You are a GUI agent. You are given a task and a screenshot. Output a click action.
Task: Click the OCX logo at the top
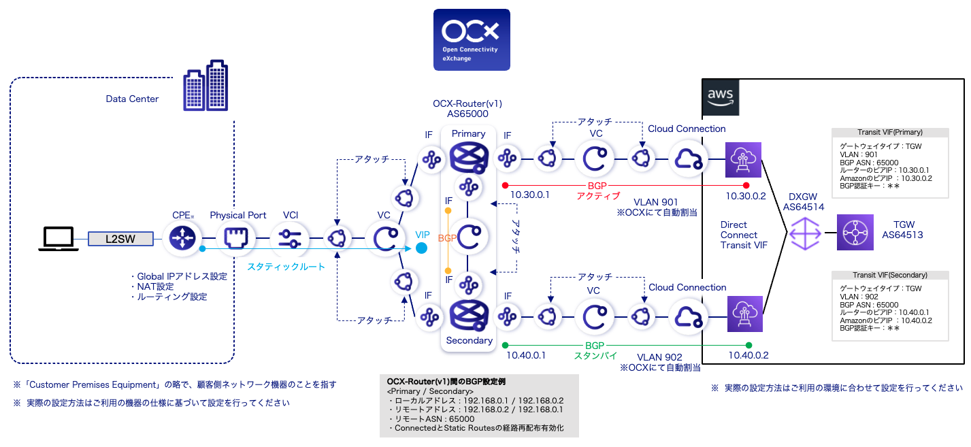(x=472, y=39)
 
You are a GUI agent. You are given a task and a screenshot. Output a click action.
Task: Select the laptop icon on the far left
(x=57, y=238)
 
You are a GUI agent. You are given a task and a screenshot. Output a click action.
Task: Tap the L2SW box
(x=120, y=238)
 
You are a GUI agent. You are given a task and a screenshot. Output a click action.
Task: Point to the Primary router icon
(x=468, y=159)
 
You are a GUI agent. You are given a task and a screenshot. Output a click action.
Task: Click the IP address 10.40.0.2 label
(x=748, y=355)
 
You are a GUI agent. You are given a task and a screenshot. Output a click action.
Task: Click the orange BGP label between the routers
(x=447, y=238)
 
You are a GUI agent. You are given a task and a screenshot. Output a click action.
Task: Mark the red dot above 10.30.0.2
(x=746, y=185)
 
